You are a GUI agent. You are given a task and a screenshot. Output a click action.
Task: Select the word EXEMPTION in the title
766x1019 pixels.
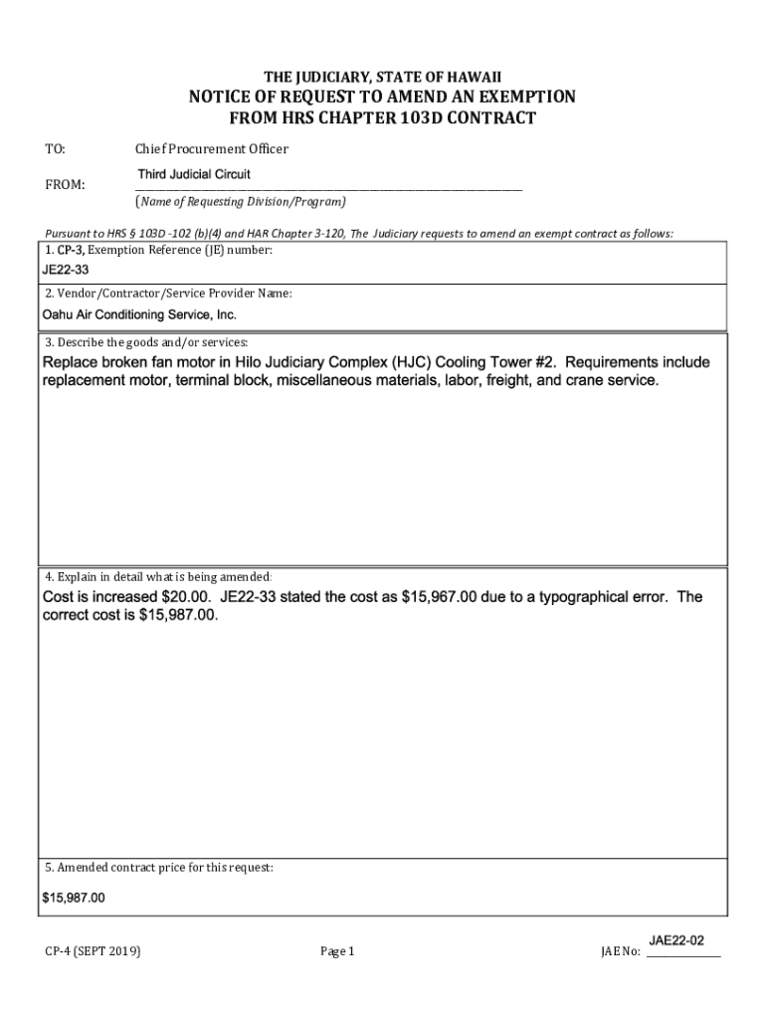pyautogui.click(x=518, y=97)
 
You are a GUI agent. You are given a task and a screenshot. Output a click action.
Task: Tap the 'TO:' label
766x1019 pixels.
pyautogui.click(x=56, y=149)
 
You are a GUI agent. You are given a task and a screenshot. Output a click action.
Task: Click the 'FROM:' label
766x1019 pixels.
pyautogui.click(x=65, y=185)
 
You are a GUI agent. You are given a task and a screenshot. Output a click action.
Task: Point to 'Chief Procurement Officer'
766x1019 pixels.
pyautogui.click(x=212, y=149)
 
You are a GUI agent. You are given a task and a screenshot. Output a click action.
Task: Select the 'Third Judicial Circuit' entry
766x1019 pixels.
pyautogui.click(x=194, y=174)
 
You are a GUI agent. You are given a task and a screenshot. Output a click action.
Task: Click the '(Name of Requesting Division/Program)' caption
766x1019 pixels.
pyautogui.click(x=241, y=202)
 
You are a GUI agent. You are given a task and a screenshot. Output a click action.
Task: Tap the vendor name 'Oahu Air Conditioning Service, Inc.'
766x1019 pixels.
pyautogui.click(x=139, y=314)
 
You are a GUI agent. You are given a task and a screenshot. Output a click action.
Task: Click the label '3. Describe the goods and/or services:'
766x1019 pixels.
pyautogui.click(x=145, y=342)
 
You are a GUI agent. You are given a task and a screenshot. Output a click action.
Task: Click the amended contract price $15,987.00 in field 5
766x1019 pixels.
pyautogui.click(x=74, y=898)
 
